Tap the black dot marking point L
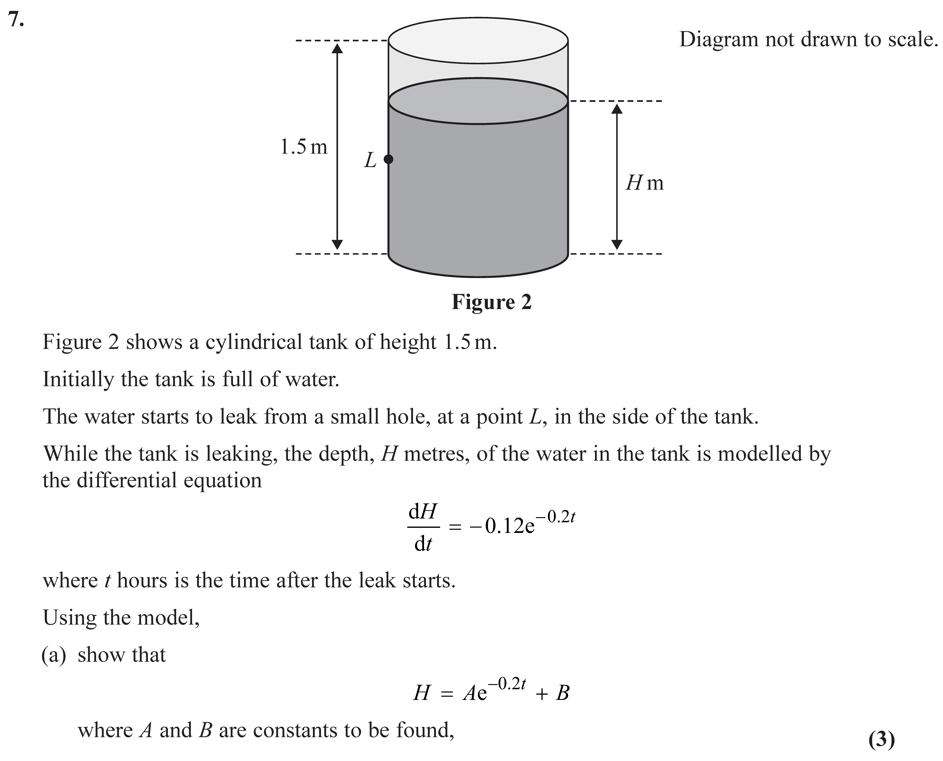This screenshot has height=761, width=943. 388,159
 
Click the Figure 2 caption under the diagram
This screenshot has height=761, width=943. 491,302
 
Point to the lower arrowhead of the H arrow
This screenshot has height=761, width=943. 617,245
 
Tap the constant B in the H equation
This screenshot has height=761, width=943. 562,694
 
